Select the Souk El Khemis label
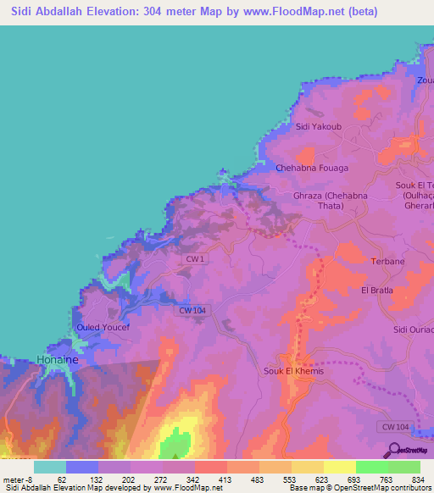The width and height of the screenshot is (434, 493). click(294, 371)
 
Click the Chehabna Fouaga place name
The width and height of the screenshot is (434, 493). click(312, 169)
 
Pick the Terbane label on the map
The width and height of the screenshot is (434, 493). click(388, 262)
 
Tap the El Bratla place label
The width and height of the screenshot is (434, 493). click(377, 291)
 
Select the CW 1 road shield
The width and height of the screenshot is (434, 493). click(195, 258)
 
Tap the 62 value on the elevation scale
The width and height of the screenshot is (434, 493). click(61, 479)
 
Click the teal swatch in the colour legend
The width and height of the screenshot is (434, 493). click(49, 467)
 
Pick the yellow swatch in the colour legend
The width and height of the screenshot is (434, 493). click(339, 467)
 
